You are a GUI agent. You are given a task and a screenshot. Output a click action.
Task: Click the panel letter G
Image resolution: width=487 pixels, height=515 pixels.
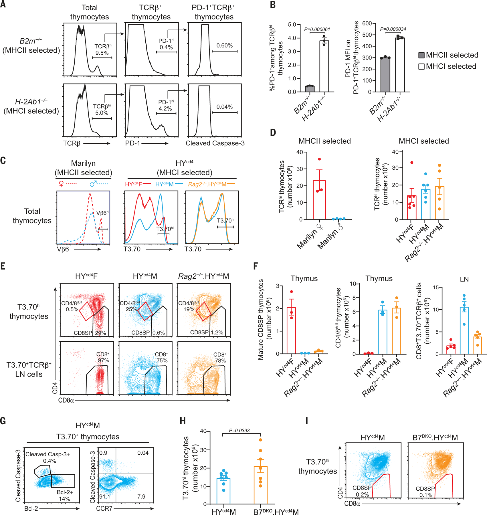click(x=3, y=421)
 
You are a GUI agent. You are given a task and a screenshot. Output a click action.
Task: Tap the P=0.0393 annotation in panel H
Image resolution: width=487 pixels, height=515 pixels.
click(x=239, y=430)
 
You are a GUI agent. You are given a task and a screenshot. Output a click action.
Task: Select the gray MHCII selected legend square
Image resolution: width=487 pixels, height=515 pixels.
click(x=421, y=55)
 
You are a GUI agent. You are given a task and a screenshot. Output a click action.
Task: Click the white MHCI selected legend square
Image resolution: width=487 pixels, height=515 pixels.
click(x=421, y=66)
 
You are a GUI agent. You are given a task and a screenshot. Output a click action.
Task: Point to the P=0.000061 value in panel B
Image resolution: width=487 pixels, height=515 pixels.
click(x=317, y=29)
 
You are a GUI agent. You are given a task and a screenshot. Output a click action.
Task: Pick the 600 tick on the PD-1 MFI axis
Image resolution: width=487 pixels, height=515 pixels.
click(x=367, y=23)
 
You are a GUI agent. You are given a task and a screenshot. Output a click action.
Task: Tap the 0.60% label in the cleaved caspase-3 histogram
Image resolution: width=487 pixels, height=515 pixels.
click(x=224, y=45)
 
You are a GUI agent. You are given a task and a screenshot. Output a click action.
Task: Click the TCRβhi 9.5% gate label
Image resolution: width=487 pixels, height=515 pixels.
click(x=102, y=49)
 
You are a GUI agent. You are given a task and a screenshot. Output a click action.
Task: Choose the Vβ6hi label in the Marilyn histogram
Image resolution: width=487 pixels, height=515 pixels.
click(x=102, y=213)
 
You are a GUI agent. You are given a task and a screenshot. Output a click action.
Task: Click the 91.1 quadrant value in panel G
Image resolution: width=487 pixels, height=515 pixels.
click(x=104, y=496)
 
